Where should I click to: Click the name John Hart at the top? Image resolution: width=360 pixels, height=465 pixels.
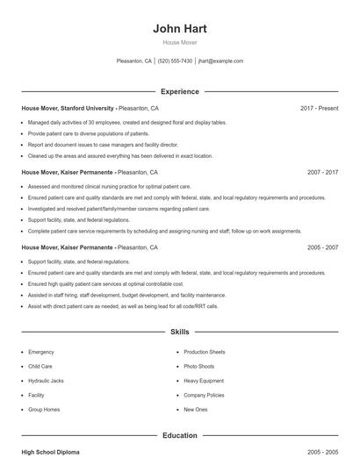pos(179,29)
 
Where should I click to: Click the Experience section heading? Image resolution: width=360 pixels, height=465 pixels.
pos(179,91)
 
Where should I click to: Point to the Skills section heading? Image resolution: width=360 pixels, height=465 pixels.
pos(179,333)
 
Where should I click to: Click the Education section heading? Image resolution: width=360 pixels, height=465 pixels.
pos(179,435)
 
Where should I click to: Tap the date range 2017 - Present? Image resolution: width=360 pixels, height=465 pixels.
pos(319,108)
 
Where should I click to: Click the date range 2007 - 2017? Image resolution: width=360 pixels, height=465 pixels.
pos(322,173)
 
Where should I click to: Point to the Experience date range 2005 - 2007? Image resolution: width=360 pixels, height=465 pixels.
pos(322,248)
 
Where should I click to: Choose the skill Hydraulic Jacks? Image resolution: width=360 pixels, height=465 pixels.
pos(46,381)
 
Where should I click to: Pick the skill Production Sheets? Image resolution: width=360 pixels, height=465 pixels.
pos(205,352)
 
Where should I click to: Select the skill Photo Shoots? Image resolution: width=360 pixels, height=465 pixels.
pos(199,366)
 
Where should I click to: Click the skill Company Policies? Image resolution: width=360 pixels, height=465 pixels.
pos(205,395)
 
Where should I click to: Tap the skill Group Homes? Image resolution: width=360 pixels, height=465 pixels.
pos(43,410)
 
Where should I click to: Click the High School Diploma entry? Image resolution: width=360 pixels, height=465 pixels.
pos(50,452)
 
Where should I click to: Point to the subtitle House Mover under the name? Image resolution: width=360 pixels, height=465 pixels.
pos(179,42)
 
